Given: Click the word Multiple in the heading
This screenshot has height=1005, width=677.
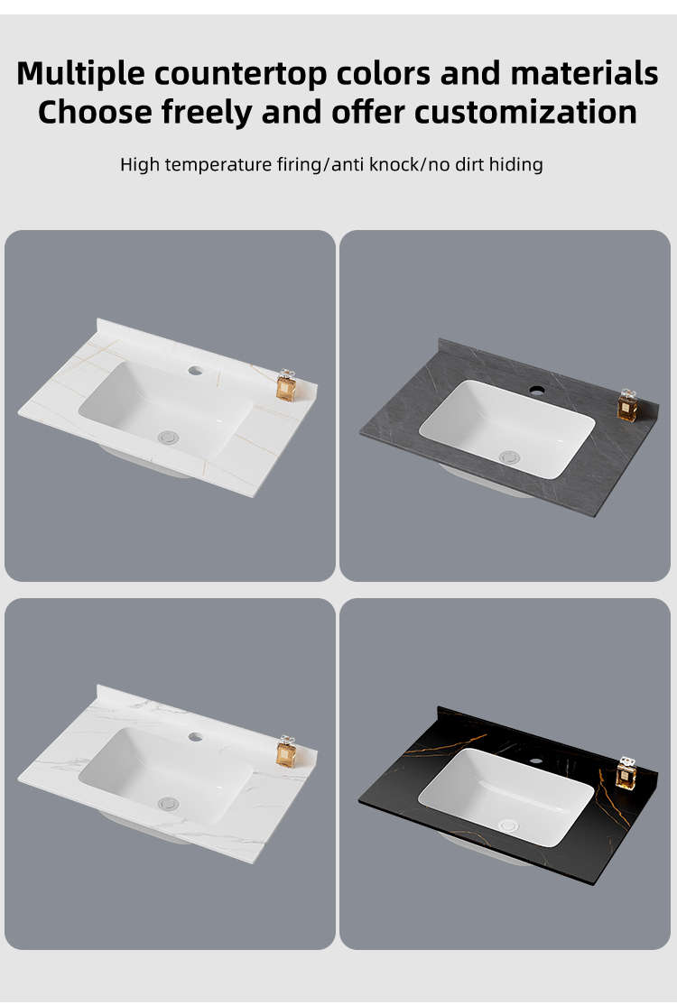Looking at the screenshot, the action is [80, 74].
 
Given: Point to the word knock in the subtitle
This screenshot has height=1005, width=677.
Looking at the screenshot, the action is [394, 165].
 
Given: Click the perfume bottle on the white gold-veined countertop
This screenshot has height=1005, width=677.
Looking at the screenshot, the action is [286, 386].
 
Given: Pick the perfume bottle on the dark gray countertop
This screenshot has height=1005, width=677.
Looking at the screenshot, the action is [626, 406].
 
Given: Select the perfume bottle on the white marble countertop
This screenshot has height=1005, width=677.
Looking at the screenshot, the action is [286, 751].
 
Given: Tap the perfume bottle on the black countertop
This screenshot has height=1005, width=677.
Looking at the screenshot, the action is [626, 773].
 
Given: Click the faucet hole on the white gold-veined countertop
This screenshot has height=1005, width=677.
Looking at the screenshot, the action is [196, 371].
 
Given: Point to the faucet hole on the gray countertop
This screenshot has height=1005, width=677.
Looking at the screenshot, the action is [536, 389].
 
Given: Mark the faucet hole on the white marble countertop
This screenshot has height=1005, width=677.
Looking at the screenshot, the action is [196, 737].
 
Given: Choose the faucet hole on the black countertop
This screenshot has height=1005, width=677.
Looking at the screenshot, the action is [534, 761].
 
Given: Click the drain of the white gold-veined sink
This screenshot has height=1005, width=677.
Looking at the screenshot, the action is [167, 438].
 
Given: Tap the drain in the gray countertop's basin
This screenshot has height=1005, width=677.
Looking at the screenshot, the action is [510, 457].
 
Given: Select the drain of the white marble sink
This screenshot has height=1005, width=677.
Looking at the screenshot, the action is [167, 803].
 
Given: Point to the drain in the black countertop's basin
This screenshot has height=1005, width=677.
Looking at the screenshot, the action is [508, 825].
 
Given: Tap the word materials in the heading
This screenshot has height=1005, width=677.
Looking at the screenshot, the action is [584, 74].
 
